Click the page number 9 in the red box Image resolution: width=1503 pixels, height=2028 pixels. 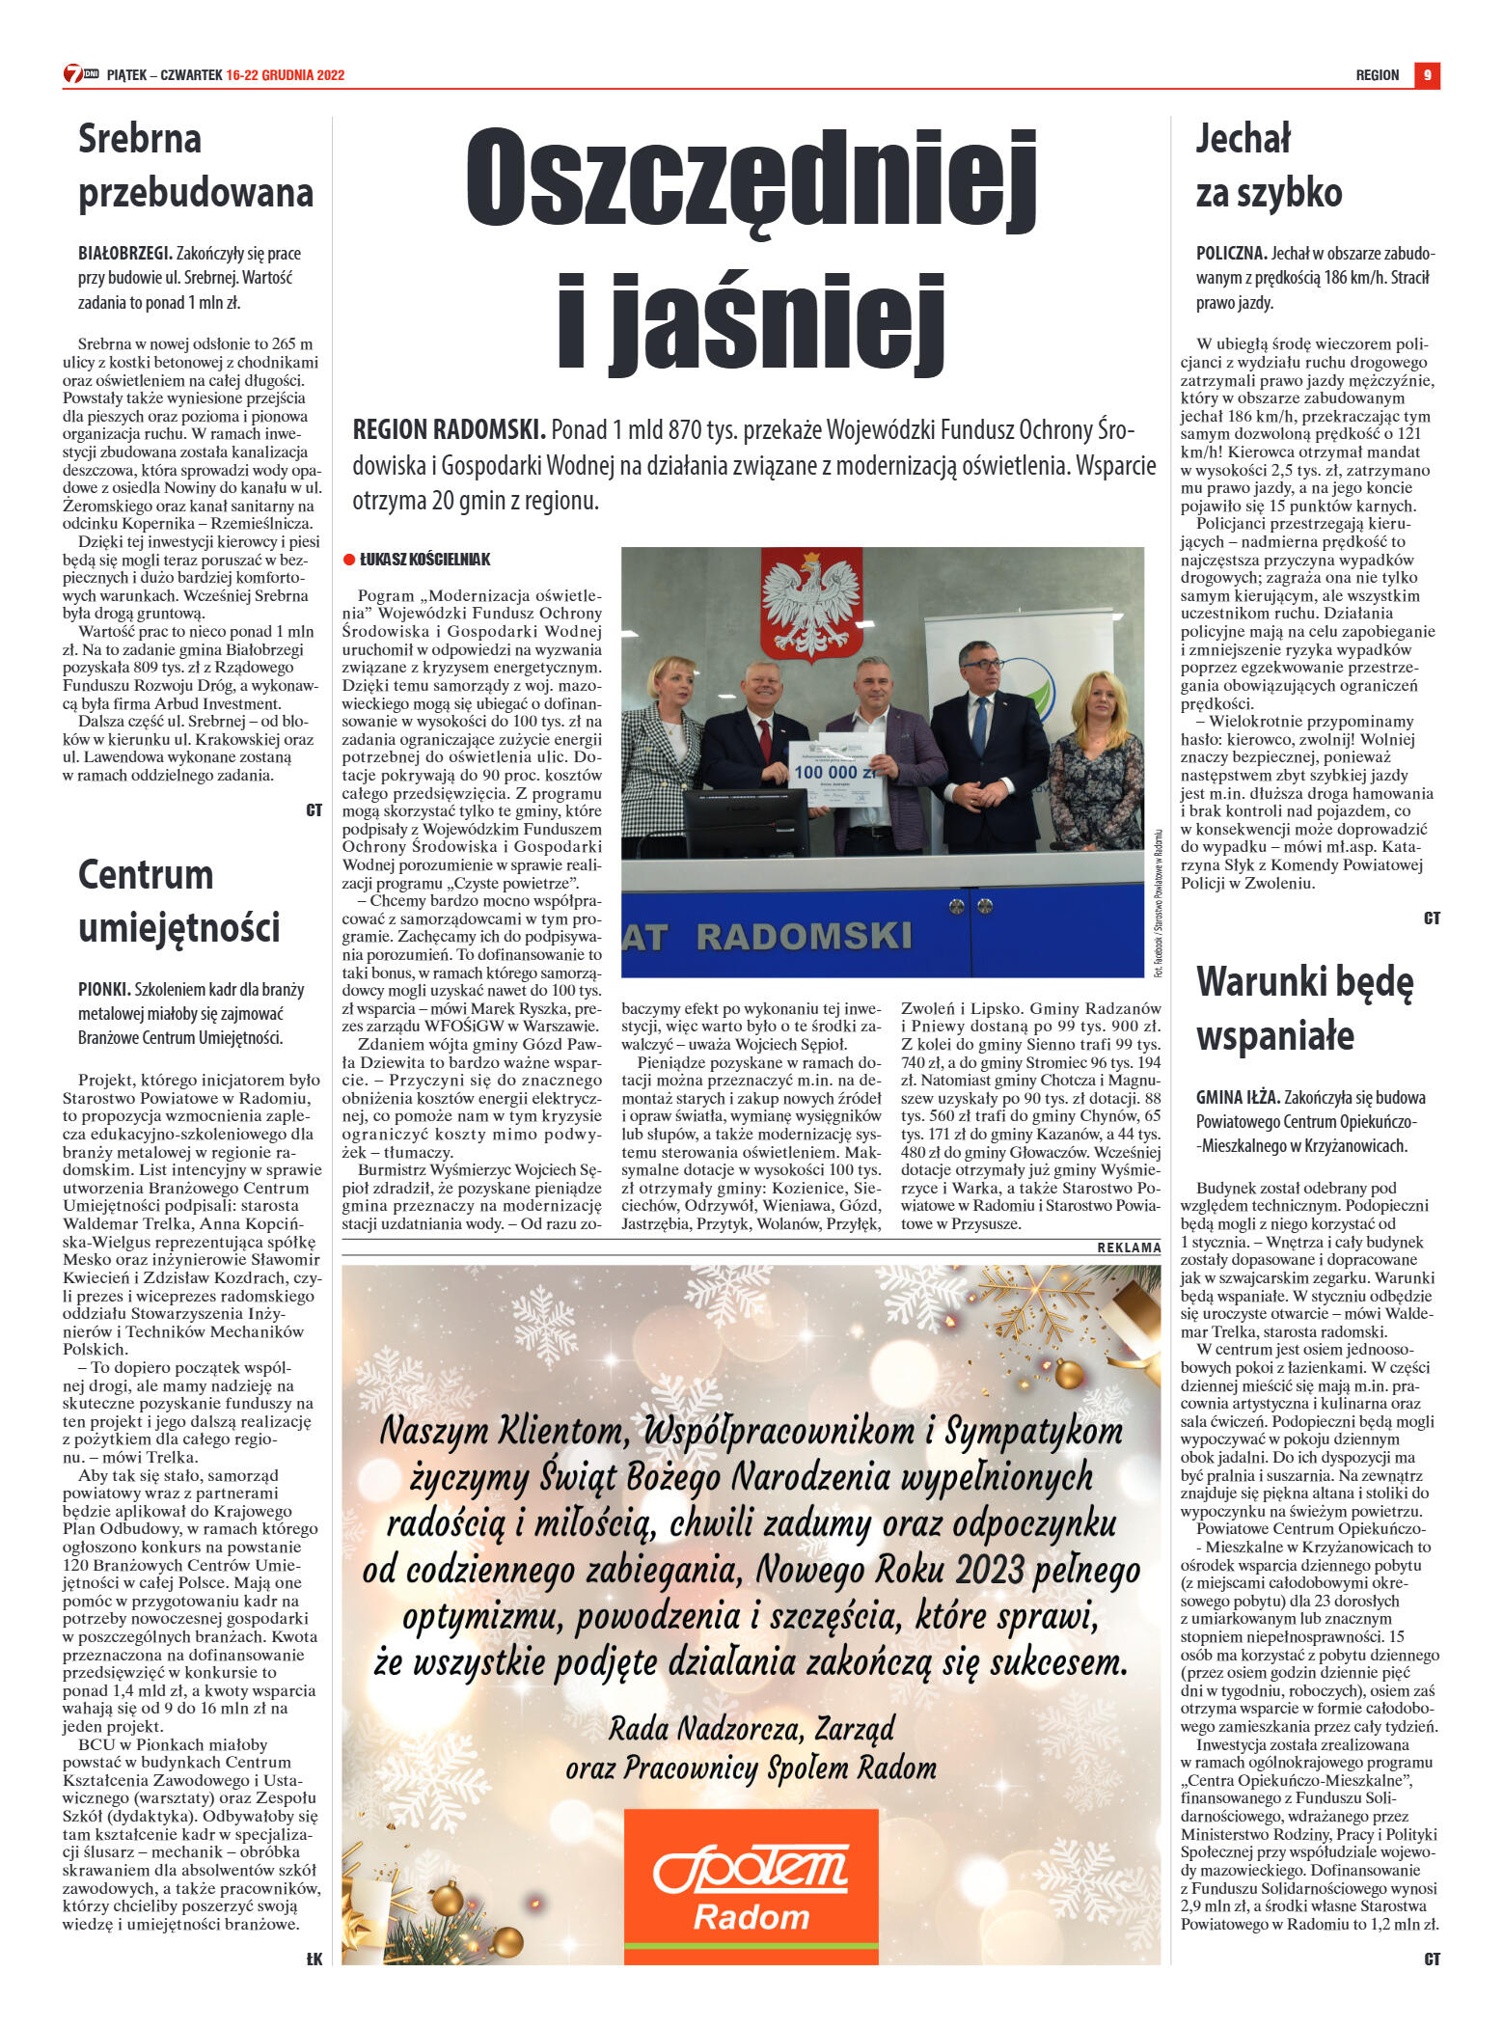(x=1427, y=75)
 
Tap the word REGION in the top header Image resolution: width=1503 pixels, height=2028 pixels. (x=1377, y=75)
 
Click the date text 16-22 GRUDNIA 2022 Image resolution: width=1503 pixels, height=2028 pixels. (x=286, y=75)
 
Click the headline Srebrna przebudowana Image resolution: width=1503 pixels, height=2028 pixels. (x=196, y=166)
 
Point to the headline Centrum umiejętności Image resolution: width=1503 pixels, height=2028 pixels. (x=178, y=901)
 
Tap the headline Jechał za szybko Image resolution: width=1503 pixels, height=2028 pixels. (x=1269, y=166)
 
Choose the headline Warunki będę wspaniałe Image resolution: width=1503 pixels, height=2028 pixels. (x=1304, y=1009)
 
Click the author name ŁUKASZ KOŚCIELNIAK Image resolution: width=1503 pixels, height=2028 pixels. (x=424, y=560)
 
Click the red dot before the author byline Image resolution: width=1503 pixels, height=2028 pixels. (x=349, y=560)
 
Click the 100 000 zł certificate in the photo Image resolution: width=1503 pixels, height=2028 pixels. (x=837, y=773)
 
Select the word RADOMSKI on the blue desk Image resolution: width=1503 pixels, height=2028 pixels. (x=804, y=936)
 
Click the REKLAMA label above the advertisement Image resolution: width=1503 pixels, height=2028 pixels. (x=1129, y=1247)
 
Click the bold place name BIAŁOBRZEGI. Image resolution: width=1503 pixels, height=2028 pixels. (x=125, y=254)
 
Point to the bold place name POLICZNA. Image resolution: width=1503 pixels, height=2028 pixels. (x=1231, y=254)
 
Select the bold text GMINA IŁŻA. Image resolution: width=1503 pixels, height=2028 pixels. (x=1238, y=1097)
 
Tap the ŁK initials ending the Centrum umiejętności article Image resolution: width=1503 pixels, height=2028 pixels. (x=314, y=1959)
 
